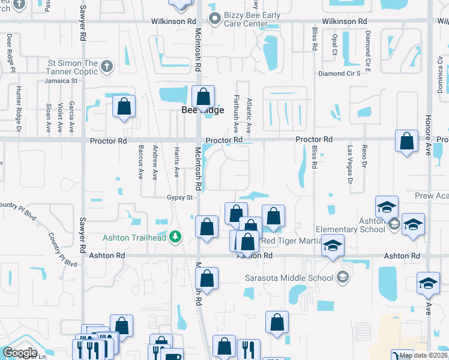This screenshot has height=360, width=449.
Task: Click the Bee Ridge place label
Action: click(x=203, y=110)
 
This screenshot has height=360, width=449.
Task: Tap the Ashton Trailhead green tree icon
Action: click(x=175, y=237)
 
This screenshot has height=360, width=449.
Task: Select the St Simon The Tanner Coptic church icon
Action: click(x=107, y=66)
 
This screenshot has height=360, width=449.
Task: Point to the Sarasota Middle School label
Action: click(x=290, y=278)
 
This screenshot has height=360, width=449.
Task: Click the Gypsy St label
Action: click(x=179, y=197)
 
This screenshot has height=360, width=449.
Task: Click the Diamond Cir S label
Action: click(x=339, y=73)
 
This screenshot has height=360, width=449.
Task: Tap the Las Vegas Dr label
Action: click(x=351, y=163)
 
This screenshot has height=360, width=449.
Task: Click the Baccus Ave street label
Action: click(x=140, y=163)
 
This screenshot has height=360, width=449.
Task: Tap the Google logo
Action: click(x=20, y=353)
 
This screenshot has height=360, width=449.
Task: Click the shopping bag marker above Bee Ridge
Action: click(x=203, y=97)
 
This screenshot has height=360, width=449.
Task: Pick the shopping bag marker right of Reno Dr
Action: click(x=406, y=142)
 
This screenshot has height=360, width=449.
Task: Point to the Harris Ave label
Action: click(x=176, y=163)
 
